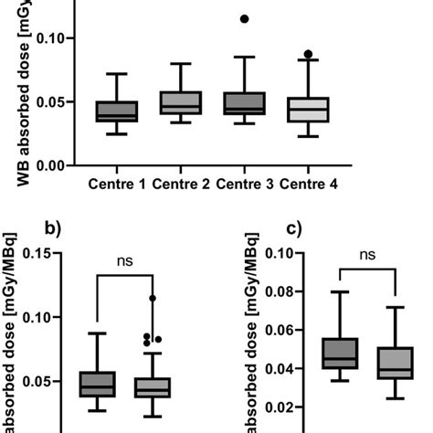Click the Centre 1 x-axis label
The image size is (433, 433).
point(117,186)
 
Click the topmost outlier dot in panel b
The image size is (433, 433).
point(153,298)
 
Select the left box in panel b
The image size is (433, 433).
point(97,384)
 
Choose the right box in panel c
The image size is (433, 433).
point(395,363)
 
